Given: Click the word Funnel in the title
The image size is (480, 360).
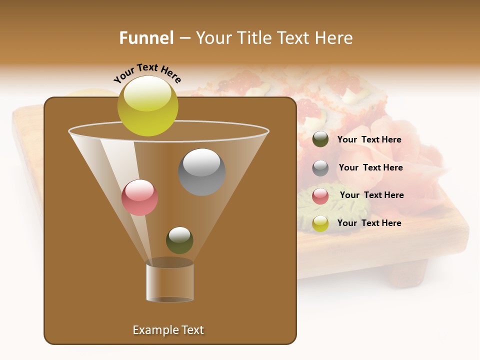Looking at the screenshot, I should pos(146,38).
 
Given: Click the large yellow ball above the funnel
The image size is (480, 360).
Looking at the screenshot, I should pos(147,106).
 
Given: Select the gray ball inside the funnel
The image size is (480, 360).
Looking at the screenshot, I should pos(202,172).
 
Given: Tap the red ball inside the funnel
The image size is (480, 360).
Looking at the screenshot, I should pos(139,197).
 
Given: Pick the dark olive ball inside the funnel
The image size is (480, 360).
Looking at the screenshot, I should pos(179,240).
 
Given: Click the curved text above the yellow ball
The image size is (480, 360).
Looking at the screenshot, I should pos(147,73).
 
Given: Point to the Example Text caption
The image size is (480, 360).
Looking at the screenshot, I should pos(168,330).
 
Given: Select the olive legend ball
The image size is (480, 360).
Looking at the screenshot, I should pos(320,139).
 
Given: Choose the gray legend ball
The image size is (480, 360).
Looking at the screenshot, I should pos(320,168).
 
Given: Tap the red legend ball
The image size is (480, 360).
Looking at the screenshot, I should pos(320,196).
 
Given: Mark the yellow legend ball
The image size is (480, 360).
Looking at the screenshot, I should pos(320,223).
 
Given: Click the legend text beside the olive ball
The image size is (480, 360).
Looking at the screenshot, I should pos(369,139).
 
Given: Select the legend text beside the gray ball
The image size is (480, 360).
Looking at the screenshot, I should pos(370,167).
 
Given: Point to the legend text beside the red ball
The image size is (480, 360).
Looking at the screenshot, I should pos(371,195).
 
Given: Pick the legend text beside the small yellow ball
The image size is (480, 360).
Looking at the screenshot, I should pos(369,223).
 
